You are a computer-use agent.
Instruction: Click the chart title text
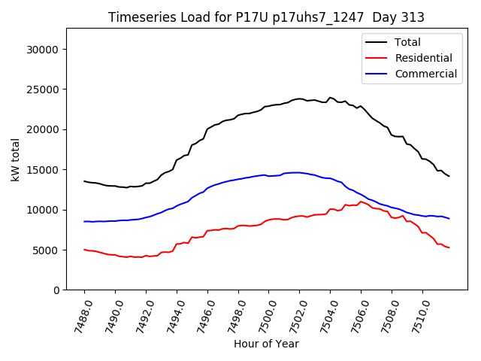(266, 17)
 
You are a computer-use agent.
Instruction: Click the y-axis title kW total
(15, 159)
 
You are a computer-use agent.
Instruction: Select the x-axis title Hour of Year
(266, 344)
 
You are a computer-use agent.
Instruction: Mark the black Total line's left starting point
(84, 181)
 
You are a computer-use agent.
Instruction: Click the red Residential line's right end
(449, 247)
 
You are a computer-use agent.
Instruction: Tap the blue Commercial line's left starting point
(84, 221)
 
